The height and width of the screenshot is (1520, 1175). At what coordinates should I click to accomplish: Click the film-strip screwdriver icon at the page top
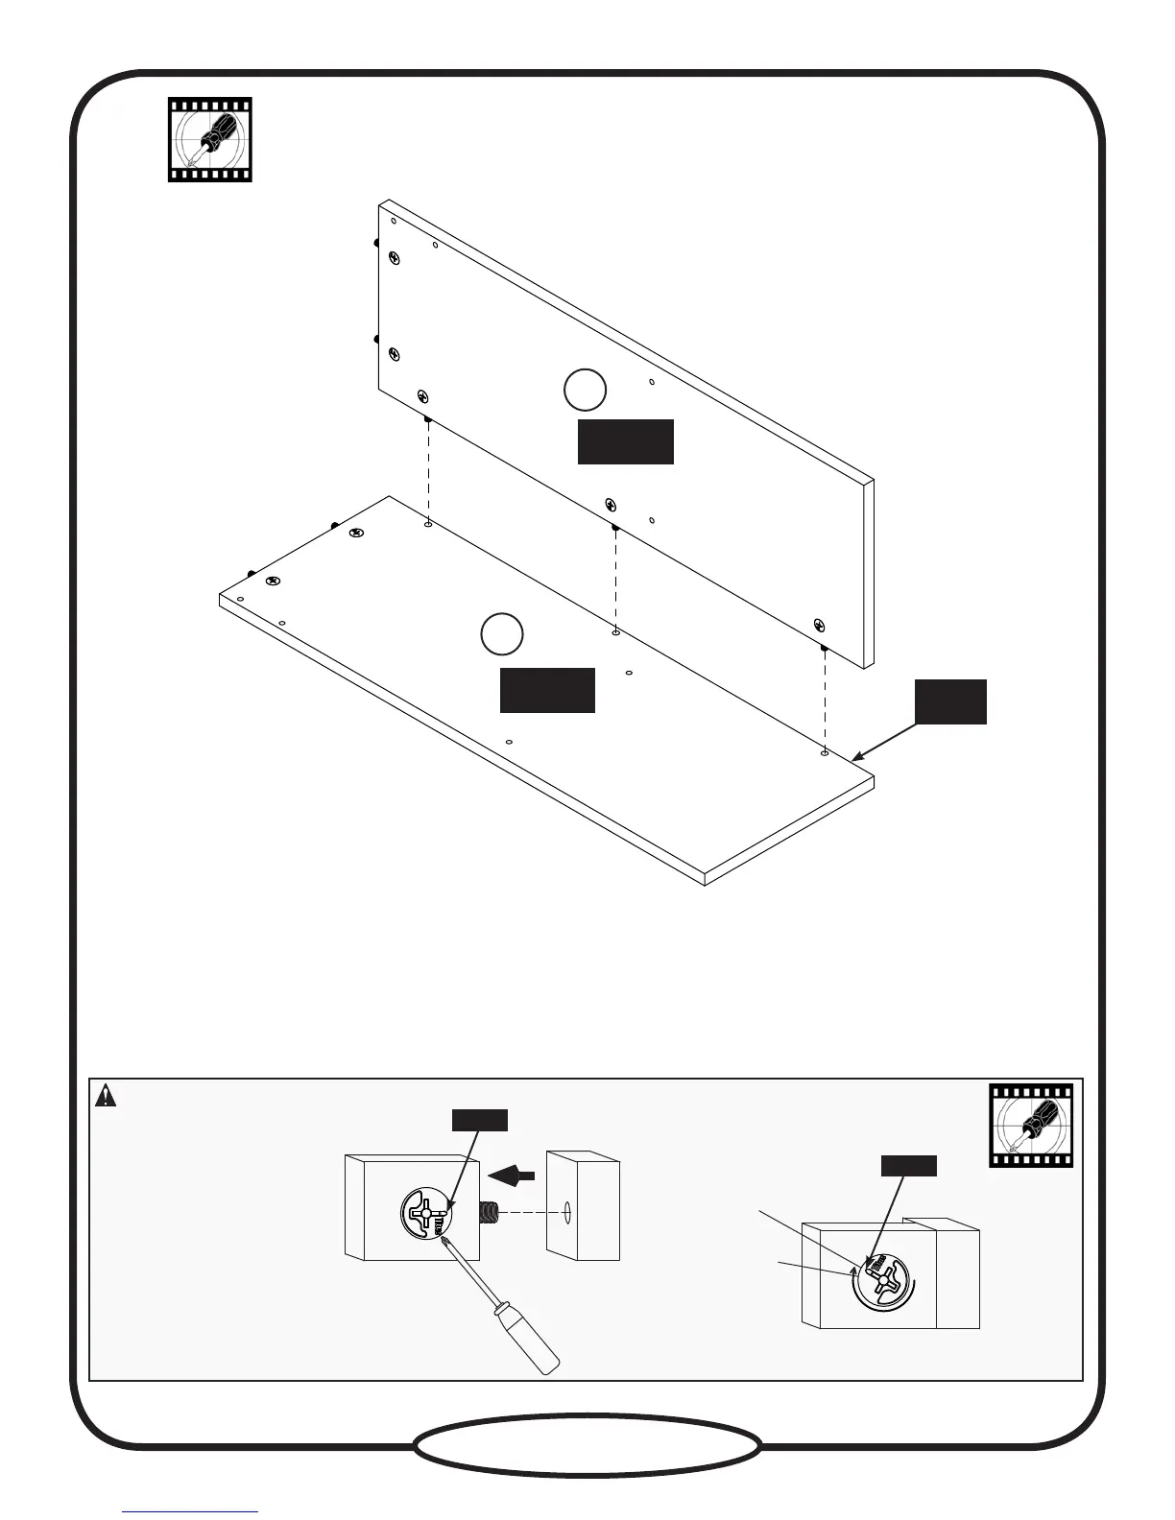coord(209,139)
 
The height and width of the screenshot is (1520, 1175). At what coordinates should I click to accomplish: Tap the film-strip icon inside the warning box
coord(1031,1126)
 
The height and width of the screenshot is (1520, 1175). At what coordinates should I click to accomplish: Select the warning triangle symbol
coord(106,1095)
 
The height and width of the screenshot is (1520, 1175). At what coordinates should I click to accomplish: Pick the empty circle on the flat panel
coord(501,634)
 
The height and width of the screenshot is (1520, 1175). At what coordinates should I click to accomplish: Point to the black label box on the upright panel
coord(625,441)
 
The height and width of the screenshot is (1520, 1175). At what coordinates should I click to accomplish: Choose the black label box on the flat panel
coord(547,690)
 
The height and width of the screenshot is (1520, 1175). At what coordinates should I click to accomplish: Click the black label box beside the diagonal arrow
coord(950,701)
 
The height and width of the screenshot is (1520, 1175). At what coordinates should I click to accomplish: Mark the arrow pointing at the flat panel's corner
coord(883,742)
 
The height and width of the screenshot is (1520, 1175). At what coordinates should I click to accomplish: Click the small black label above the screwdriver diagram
coord(479,1119)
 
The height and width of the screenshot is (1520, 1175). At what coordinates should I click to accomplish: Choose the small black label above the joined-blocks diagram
coord(908,1166)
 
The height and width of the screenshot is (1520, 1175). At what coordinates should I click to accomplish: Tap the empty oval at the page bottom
coord(587,1444)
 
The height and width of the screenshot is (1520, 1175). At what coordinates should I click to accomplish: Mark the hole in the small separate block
coord(568,1213)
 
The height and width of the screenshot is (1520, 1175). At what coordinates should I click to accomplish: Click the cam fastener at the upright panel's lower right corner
coord(819,625)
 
